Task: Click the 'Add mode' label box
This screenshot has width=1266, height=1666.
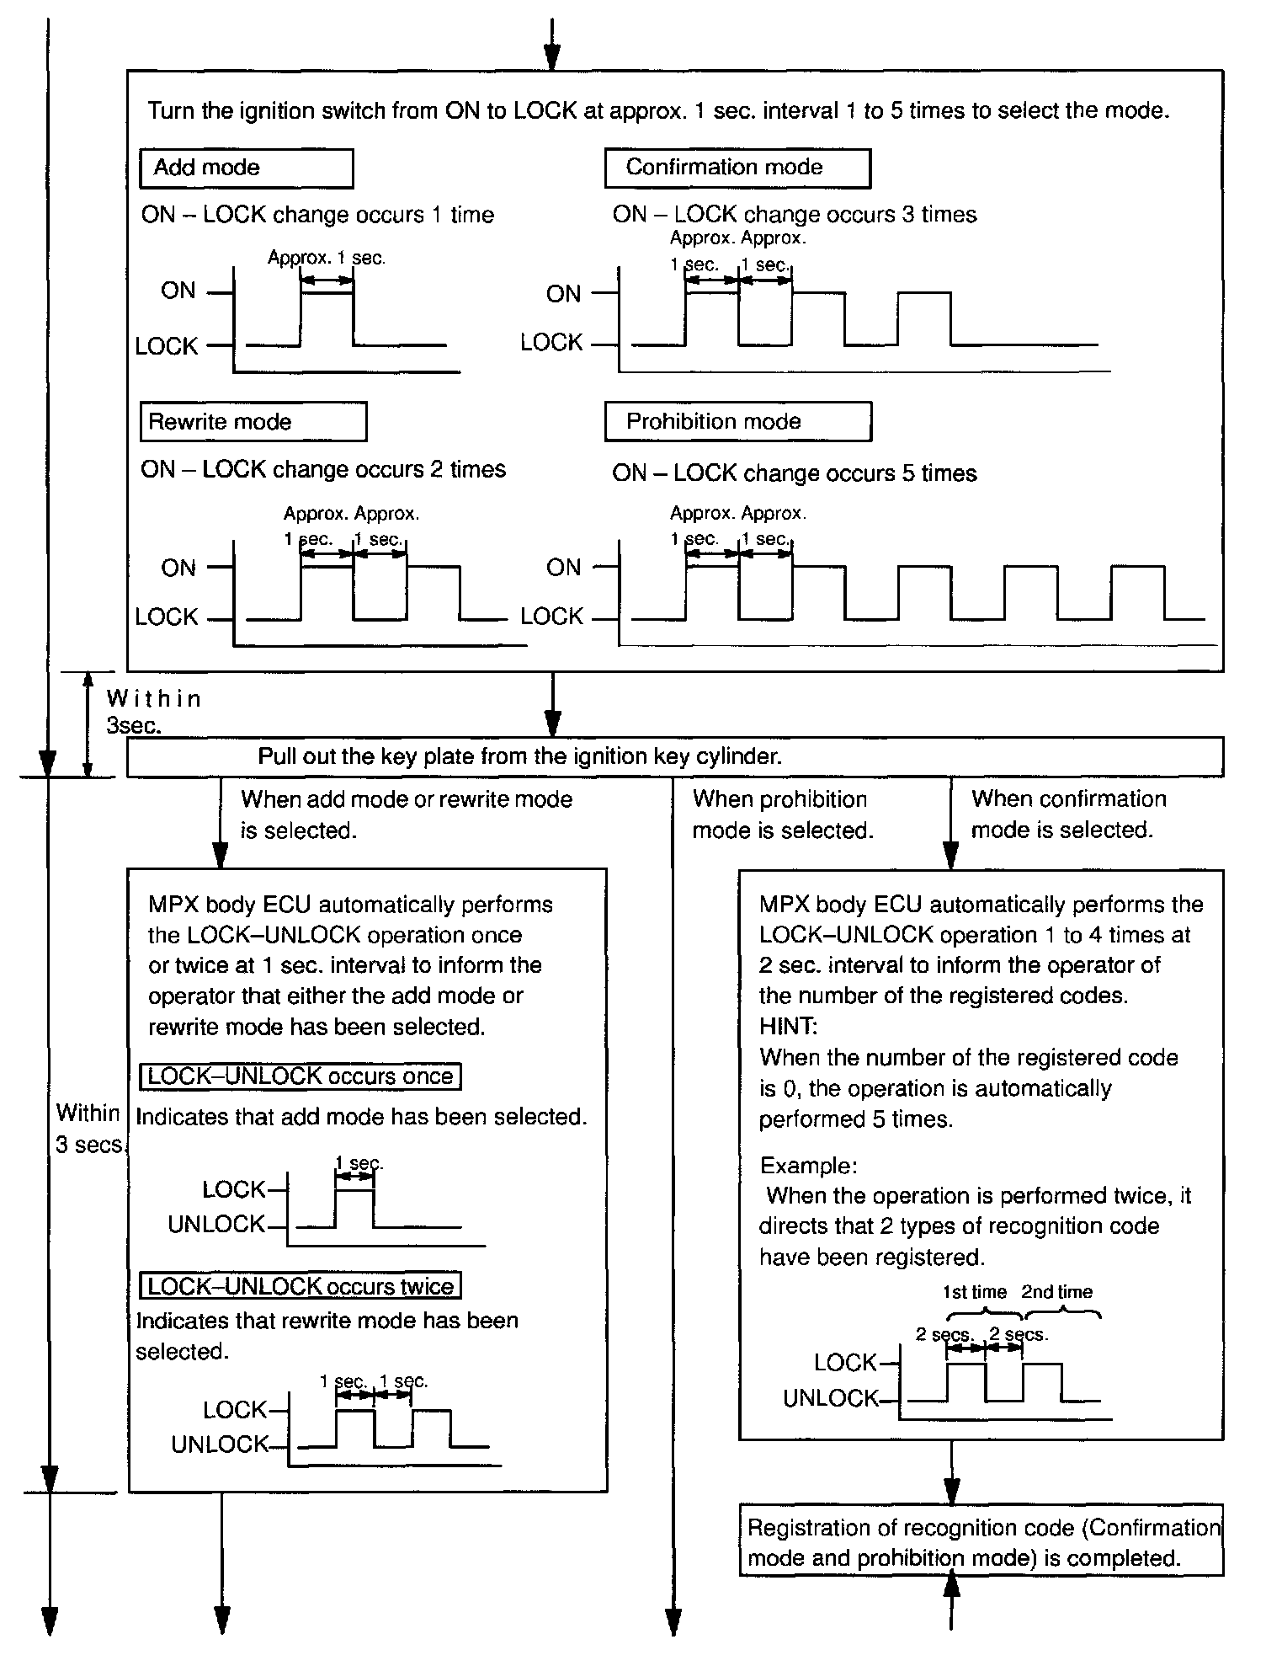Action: [x=246, y=168]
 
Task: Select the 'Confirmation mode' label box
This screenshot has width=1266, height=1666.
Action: [x=737, y=168]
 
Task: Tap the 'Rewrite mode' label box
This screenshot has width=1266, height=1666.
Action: [x=253, y=422]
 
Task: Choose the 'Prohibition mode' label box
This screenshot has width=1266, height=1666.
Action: [x=737, y=422]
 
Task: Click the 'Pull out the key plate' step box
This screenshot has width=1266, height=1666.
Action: [x=673, y=756]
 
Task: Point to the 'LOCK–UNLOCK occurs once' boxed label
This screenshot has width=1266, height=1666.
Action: [x=301, y=1076]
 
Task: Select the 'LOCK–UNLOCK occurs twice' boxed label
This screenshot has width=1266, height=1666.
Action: [x=301, y=1287]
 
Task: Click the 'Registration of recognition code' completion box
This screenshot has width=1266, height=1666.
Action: [x=981, y=1543]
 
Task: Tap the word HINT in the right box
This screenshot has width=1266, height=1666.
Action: [x=788, y=1027]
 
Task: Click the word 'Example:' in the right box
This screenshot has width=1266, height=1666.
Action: [x=809, y=1166]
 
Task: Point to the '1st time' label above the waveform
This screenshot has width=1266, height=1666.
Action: [x=974, y=1292]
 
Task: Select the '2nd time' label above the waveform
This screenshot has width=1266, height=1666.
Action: [x=1056, y=1292]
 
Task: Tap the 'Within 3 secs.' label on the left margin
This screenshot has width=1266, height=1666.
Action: [x=89, y=1129]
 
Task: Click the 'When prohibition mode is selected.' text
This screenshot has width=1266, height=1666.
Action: [x=782, y=814]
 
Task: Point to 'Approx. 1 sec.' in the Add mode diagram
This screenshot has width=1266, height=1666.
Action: [x=327, y=259]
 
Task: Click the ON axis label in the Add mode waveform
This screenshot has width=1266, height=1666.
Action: [x=178, y=291]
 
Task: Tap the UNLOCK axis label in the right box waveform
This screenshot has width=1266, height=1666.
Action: [x=830, y=1399]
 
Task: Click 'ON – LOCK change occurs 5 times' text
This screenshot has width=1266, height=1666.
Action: [x=794, y=474]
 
